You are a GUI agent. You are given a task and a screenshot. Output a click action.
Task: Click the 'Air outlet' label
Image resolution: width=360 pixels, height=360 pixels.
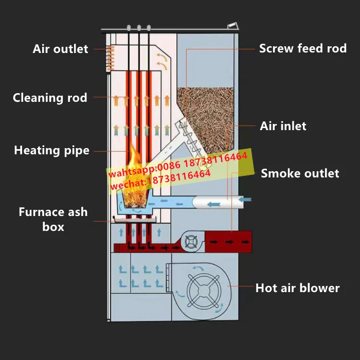[x=60, y=49]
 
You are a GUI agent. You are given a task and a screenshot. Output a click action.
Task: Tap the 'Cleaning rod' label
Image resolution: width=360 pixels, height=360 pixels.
[x=50, y=98]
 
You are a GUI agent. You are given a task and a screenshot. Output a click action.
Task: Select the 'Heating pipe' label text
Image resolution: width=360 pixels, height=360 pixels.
[x=51, y=151]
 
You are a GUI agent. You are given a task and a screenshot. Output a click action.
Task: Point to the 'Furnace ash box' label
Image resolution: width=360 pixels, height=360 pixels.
[x=53, y=219]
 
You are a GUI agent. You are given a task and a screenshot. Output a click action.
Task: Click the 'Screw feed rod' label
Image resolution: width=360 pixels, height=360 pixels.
[x=302, y=49]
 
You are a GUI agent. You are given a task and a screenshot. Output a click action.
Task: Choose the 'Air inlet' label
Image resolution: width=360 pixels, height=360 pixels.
[x=283, y=126]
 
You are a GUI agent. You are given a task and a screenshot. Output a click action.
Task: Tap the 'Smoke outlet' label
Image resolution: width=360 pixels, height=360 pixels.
[x=300, y=173]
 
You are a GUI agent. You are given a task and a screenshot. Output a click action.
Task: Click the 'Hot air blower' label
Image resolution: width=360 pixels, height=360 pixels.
[x=297, y=288]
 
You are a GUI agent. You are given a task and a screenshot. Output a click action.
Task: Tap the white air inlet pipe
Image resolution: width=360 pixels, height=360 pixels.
[x=216, y=201]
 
